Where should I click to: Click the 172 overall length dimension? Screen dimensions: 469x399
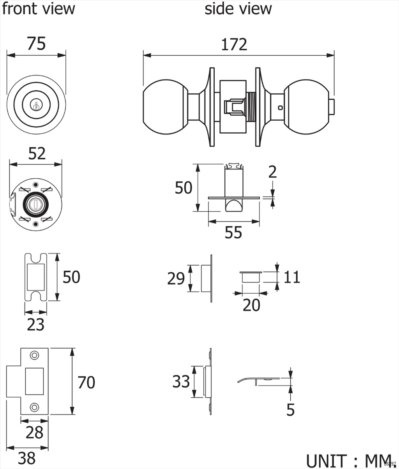234,45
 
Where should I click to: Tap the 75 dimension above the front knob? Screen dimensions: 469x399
36,44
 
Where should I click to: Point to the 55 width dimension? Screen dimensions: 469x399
233,233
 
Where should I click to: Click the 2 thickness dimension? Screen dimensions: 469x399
272,172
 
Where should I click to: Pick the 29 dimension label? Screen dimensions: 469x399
176,279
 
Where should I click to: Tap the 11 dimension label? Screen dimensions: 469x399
292,277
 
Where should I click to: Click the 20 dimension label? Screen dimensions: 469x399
251,305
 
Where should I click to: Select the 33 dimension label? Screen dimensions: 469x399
181,382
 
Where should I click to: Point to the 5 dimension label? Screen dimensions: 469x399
290,410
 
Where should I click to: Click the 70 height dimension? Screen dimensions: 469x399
86,383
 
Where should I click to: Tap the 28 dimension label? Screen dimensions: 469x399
34,432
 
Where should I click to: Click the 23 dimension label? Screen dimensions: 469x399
35,324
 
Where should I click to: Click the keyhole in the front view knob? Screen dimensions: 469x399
36,105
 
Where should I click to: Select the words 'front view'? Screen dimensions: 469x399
38,9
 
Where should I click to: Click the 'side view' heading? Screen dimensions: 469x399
238,9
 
